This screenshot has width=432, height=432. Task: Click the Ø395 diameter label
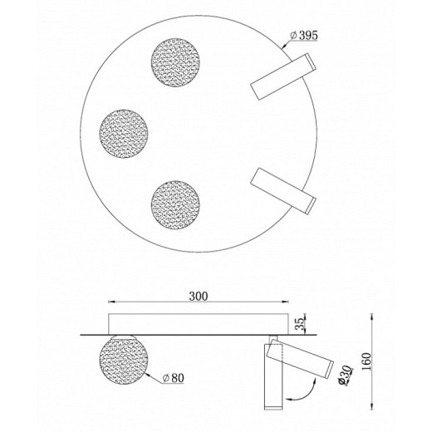pyautogui.click(x=304, y=35)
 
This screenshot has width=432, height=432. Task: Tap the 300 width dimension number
pyautogui.click(x=199, y=296)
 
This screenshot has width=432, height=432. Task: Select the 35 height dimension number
pyautogui.click(x=299, y=324)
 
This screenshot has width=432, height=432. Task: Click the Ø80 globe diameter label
pyautogui.click(x=174, y=378)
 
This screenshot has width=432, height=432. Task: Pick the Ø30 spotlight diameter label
pyautogui.click(x=346, y=375)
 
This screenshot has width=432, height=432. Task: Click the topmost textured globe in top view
pyautogui.click(x=175, y=62)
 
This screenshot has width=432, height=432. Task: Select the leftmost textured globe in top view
pyautogui.click(x=124, y=134)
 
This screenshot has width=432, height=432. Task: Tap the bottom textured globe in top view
pyautogui.click(x=175, y=205)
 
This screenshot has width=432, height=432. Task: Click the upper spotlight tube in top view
pyautogui.click(x=283, y=76)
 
